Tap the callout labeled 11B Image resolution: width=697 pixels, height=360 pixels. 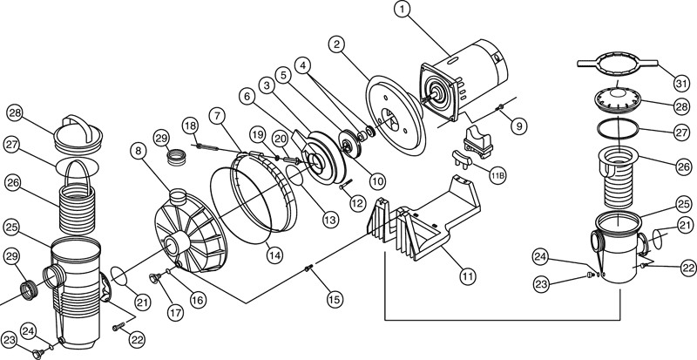pos(497,176)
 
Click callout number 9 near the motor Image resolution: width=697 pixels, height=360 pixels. pos(518,126)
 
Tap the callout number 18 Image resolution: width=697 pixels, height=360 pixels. pos(190,127)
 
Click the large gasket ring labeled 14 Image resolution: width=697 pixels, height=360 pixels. pos(253,196)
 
